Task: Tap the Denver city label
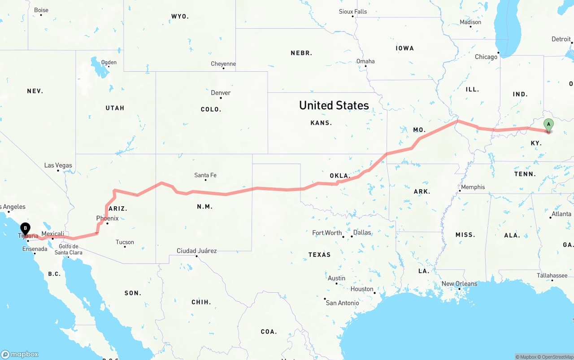221,93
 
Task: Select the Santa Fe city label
205,175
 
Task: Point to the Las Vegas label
58,165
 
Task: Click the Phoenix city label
107,218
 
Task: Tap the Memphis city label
473,187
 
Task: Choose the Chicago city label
486,57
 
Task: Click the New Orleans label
459,284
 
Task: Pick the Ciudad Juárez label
196,251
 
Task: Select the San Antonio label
342,303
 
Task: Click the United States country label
334,105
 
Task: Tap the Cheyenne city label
223,64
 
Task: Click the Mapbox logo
20,354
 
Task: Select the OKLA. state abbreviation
340,176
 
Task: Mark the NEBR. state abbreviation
301,53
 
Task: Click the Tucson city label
125,242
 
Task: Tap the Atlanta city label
561,214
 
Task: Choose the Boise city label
41,10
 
